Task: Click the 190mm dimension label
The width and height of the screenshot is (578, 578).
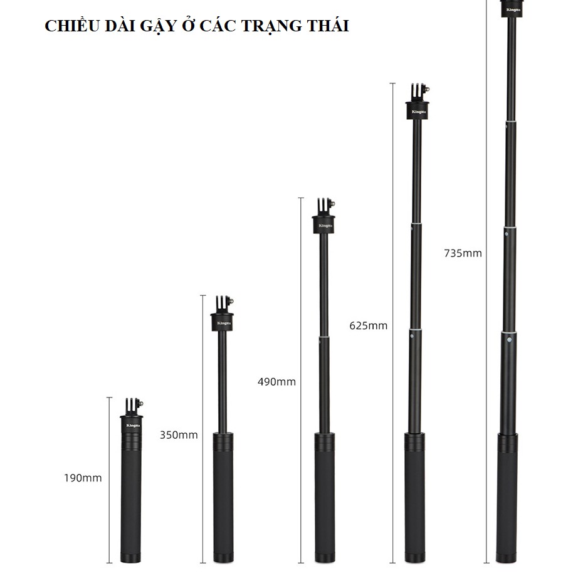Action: pos(83,478)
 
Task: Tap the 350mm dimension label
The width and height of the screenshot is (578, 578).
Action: pos(179,435)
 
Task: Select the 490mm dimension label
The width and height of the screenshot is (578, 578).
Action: pos(277,382)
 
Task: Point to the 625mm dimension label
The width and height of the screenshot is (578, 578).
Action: pos(369,325)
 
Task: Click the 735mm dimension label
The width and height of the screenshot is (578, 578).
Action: pos(463,253)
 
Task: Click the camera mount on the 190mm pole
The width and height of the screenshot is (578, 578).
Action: pos(134,407)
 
